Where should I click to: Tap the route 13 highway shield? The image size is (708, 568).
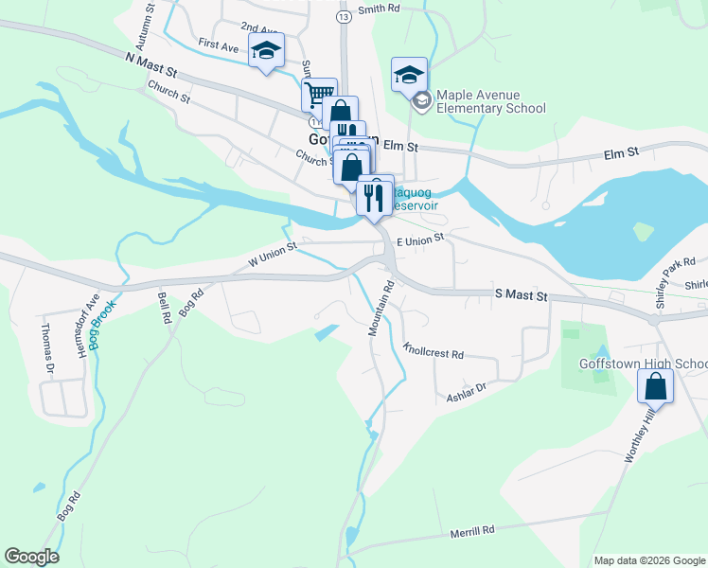[342, 17]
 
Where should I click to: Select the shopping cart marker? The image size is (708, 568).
[319, 94]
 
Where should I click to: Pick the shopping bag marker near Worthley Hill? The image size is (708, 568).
[655, 386]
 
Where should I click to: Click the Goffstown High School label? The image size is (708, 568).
[643, 364]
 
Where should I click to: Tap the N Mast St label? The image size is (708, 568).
[151, 64]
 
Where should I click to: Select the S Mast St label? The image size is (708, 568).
[522, 296]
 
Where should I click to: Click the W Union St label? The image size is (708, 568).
[273, 252]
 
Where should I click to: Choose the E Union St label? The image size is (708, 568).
[420, 240]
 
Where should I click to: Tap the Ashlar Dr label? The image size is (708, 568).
[466, 392]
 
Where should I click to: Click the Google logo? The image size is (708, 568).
[31, 557]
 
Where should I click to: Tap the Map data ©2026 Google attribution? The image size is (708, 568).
[648, 560]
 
